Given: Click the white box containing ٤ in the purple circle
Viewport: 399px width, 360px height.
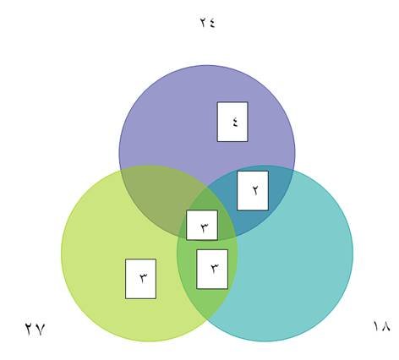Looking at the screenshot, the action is click(232, 122).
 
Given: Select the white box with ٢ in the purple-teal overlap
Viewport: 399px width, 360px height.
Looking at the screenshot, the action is click(253, 191).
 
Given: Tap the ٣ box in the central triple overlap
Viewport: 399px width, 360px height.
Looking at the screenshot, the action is click(202, 225).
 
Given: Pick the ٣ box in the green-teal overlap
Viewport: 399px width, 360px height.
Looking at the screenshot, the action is click(212, 269).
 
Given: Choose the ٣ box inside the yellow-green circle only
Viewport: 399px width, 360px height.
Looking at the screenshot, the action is click(140, 279).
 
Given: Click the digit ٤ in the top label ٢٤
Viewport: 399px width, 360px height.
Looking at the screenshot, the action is click(211, 22).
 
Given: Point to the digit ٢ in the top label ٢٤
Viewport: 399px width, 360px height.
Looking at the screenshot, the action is click(204, 22).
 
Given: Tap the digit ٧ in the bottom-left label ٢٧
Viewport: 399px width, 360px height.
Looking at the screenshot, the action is click(40, 329).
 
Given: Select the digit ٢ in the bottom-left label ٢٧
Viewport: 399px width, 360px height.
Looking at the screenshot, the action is click(30, 329).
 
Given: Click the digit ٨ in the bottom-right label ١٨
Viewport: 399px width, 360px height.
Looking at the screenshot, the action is click(385, 326).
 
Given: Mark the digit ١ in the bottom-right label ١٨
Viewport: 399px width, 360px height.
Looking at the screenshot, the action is click(376, 325).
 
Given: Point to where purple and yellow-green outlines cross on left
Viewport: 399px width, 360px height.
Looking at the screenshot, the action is click(121, 171).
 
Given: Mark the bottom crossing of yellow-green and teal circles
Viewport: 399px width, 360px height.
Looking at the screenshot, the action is click(208, 319).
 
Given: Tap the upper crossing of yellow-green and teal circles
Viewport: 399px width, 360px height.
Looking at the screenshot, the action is click(207, 186).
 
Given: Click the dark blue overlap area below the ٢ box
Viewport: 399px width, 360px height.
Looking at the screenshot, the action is click(251, 221).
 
